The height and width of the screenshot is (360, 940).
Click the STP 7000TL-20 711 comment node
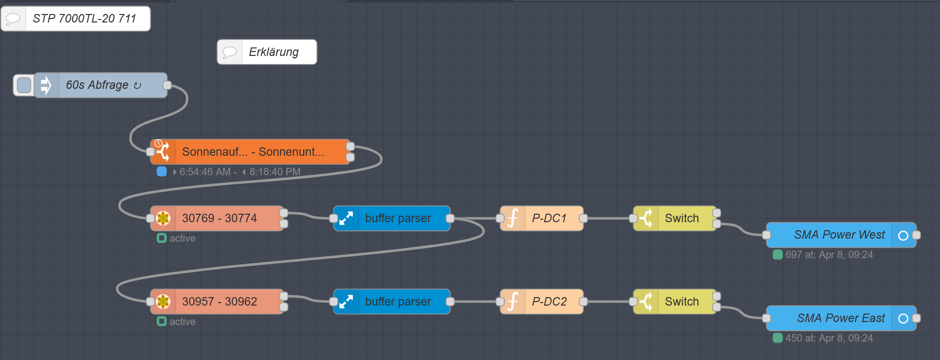[x=75, y=19]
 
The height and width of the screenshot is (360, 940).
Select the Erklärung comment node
[x=267, y=52]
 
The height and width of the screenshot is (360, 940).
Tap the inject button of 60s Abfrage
[x=23, y=85]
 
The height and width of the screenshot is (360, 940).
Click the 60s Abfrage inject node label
[x=97, y=85]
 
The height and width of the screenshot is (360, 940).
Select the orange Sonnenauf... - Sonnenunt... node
[x=250, y=152]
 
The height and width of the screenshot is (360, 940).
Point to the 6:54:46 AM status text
[x=205, y=172]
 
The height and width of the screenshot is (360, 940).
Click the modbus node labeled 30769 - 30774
[x=217, y=218]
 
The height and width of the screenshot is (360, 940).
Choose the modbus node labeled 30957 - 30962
[x=217, y=302]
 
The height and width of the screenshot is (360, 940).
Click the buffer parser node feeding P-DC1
[x=392, y=218]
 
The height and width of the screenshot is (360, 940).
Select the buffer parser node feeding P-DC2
[x=392, y=302]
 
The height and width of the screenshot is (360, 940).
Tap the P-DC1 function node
[x=541, y=218]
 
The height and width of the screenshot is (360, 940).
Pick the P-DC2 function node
[x=541, y=302]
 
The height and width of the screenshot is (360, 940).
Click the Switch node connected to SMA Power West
[x=675, y=218]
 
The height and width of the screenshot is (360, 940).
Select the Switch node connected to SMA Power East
[x=675, y=302]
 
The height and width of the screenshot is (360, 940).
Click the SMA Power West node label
[x=839, y=235]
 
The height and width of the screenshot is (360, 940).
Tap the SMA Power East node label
[x=841, y=318]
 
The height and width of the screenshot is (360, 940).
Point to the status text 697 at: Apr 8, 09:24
[x=829, y=255]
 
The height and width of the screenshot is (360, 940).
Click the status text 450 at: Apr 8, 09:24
[x=829, y=338]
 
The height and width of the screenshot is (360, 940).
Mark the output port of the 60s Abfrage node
[x=167, y=85]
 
